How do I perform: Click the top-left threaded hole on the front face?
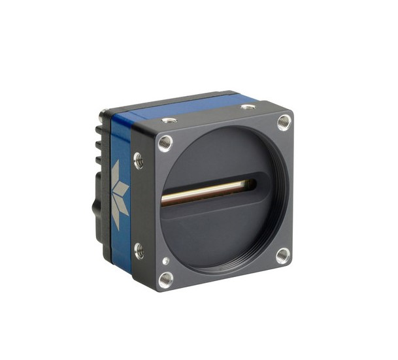tap(166, 143)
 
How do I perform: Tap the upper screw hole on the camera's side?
tap(138, 159)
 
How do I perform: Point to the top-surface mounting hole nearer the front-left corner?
tap(169, 120)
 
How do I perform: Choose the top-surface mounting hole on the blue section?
tap(248, 106)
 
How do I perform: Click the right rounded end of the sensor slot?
tap(252, 184)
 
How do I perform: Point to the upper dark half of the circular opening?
tap(216, 154)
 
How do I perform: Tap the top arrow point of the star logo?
tap(116, 165)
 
